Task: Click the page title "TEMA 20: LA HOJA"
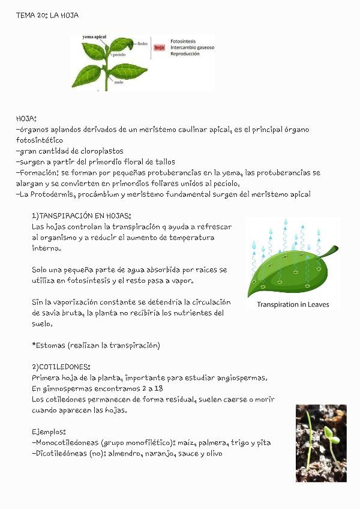47,15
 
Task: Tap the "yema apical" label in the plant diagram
94,37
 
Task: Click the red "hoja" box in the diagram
160,47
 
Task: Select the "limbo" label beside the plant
142,44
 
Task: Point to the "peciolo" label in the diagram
118,55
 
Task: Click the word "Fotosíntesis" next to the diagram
184,41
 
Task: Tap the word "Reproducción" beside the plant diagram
185,53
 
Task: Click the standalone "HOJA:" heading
26,119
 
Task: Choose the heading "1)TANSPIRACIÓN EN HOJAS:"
81,215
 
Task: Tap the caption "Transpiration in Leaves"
293,304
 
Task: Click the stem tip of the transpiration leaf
335,247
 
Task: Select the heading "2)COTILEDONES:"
61,366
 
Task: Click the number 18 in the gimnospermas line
158,388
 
